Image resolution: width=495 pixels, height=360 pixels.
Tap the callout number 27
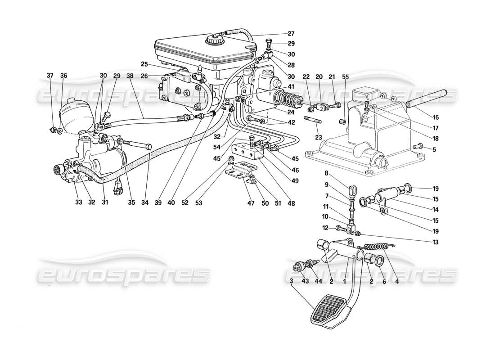click(291, 33)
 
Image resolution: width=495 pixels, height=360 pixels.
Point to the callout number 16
click(436, 117)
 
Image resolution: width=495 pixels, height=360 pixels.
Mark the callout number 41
click(291, 87)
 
